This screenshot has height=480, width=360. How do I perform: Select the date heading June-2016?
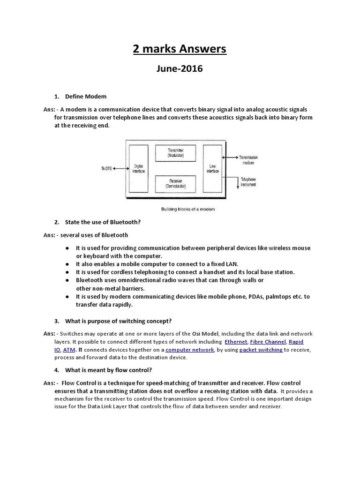coord(180,69)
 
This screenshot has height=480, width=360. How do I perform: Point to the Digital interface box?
coord(139,169)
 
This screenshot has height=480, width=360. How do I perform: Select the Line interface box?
coord(212,169)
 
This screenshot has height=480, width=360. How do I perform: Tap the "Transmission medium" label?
coord(248,160)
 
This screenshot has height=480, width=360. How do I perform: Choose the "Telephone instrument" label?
coord(248,182)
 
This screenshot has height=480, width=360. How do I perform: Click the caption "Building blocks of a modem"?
coord(188,209)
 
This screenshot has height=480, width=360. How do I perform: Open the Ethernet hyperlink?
coord(236,342)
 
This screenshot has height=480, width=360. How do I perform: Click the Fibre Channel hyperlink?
coord(268,342)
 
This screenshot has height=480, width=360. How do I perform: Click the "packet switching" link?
coord(261,350)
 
